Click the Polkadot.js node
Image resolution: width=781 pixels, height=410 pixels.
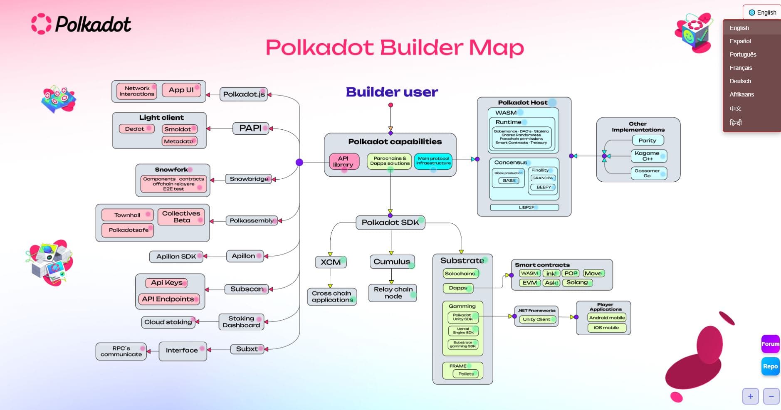point(243,94)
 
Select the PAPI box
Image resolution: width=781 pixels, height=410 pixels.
point(250,128)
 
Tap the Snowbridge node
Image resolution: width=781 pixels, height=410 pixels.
point(249,179)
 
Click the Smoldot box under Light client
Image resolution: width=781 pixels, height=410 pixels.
point(178,129)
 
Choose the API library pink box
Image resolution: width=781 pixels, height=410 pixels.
point(343,161)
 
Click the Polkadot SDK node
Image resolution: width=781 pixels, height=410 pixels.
point(390,222)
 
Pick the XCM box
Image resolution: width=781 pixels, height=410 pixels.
point(331,262)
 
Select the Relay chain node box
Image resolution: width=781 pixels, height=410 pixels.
point(393,293)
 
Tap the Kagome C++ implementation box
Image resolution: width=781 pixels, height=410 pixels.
point(648,156)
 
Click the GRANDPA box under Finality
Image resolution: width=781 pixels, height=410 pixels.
point(543,178)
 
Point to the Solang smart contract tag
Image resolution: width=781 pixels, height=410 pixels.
point(577,283)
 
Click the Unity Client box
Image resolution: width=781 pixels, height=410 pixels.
point(536,319)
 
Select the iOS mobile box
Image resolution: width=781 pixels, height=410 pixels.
point(606,328)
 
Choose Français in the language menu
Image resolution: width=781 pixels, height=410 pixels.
point(741,68)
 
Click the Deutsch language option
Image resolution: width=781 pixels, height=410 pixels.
point(740,81)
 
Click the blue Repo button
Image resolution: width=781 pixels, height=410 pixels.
point(770,366)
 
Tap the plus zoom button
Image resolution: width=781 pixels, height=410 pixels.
point(750,396)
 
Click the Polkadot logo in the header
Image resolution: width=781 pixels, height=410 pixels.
point(82,24)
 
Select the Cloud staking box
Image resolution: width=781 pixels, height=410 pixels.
point(168,322)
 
